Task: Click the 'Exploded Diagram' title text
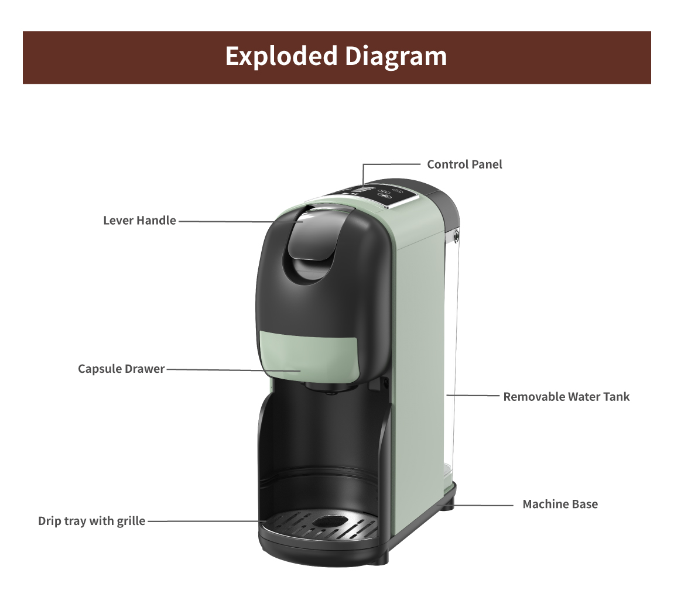(x=336, y=57)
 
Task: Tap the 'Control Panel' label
(x=464, y=164)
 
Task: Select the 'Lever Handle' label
(x=140, y=221)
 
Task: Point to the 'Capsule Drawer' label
(x=121, y=369)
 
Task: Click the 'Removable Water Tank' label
(x=566, y=396)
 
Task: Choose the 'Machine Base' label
(x=560, y=504)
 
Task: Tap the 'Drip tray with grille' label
(x=91, y=521)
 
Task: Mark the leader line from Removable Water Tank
(x=473, y=395)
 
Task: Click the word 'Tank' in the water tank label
(x=616, y=396)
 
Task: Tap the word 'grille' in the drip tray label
(x=131, y=521)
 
